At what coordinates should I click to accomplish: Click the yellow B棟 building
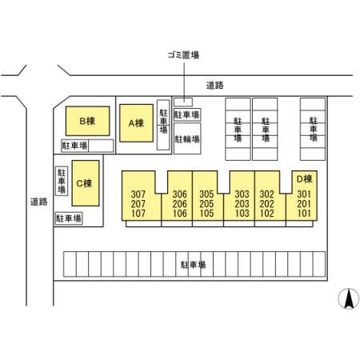pos(88,121)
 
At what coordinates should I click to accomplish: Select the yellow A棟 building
pos(136,123)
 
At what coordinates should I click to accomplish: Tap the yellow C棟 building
pos(86,183)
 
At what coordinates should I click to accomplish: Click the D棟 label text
pos(304,179)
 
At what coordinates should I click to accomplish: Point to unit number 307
pos(138,194)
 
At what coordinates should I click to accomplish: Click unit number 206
pos(179,204)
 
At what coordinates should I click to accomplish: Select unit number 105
pos(206,214)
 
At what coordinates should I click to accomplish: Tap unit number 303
pos(242,194)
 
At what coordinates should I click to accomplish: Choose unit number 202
pos(267,204)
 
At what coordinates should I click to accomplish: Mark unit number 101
pos(304,214)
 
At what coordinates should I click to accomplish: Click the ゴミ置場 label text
pos(183,55)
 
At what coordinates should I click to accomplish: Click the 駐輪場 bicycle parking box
pos(187,138)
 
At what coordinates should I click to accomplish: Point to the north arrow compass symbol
pos(349,298)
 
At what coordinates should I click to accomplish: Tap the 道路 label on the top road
pos(215,86)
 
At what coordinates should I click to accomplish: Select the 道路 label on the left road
pos(39,202)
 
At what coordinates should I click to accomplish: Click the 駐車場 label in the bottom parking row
pos(194,265)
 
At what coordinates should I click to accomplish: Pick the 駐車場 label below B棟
pos(74,146)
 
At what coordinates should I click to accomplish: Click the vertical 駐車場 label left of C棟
pos(62,181)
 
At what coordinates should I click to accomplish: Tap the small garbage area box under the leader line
pos(183,102)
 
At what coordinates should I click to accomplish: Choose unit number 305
pos(206,194)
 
